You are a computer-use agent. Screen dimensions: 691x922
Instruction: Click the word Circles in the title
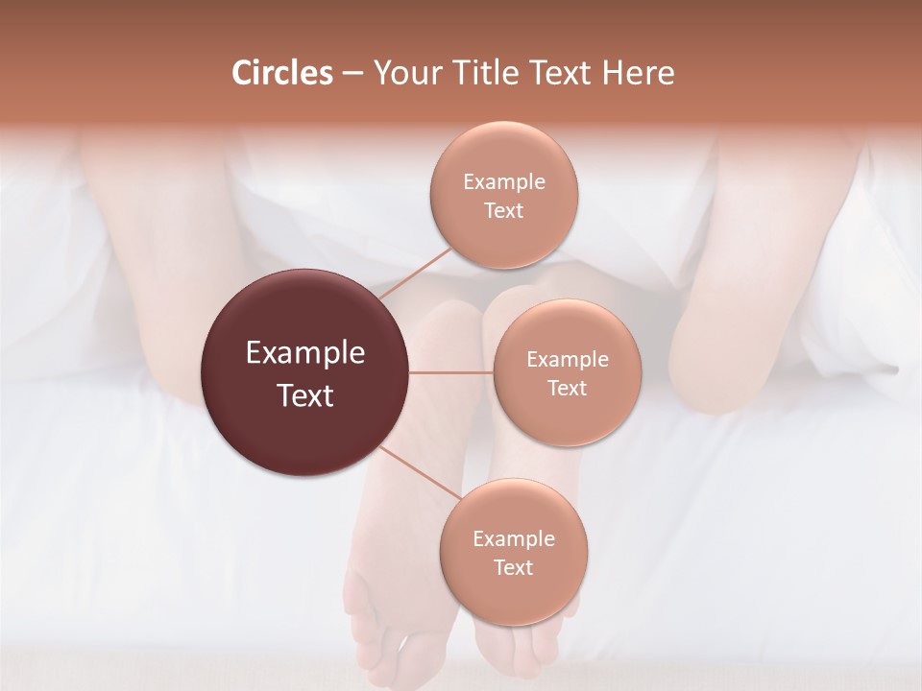[x=281, y=73]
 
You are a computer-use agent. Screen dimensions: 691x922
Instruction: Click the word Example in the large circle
[x=305, y=353]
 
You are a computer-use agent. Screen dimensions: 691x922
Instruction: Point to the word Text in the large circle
[x=305, y=395]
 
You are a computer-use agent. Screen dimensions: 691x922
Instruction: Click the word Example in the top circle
[x=504, y=181]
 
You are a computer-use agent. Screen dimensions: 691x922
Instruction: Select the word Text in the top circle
[x=504, y=210]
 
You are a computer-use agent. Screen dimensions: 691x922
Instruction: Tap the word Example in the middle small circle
[x=568, y=359]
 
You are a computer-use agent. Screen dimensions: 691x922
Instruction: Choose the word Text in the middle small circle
[x=568, y=388]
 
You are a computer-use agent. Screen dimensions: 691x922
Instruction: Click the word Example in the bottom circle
[x=514, y=538]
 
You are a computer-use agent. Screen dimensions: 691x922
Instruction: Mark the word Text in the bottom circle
[x=514, y=567]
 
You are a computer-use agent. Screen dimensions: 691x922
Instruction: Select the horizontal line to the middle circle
[x=451, y=372]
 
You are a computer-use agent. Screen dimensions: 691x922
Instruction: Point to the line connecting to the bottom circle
[x=421, y=473]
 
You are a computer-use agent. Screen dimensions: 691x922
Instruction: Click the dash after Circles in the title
[x=352, y=74]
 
